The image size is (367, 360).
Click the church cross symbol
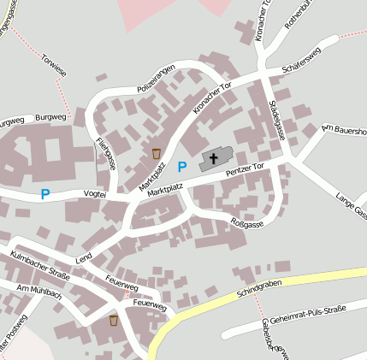click(211, 159)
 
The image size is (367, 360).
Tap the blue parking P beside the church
click(181, 166)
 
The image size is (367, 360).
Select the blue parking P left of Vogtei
click(45, 194)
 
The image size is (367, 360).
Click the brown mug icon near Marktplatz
click(156, 152)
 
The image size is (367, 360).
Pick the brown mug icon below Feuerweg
click(114, 320)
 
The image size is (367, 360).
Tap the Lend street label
click(84, 257)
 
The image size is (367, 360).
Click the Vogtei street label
click(94, 195)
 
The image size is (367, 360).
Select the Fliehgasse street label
click(106, 151)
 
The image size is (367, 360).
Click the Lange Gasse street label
click(352, 206)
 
